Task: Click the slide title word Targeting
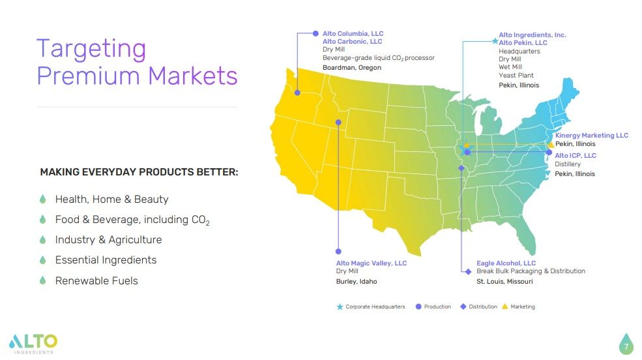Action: pos(91,50)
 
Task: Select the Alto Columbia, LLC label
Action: pos(353,33)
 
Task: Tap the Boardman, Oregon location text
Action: pos(352,67)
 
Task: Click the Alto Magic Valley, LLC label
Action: pos(371,263)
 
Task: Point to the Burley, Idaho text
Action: pos(357,281)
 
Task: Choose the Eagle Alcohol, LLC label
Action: pos(506,263)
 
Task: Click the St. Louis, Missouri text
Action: pos(504,281)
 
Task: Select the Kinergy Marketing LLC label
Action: pos(591,136)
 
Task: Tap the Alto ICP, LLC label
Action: pos(575,156)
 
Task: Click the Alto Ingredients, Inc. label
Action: pos(532,35)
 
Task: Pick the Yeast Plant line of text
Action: pos(516,76)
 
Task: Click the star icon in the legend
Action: pos(340,307)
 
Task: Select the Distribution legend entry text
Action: pos(482,307)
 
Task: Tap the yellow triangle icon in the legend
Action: pos(505,307)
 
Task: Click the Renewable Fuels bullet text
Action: pos(96,280)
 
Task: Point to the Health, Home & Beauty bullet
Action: pos(111,200)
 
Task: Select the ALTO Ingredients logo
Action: pos(33,342)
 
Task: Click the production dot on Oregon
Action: pos(297,92)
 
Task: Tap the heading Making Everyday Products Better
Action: pos(139,172)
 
